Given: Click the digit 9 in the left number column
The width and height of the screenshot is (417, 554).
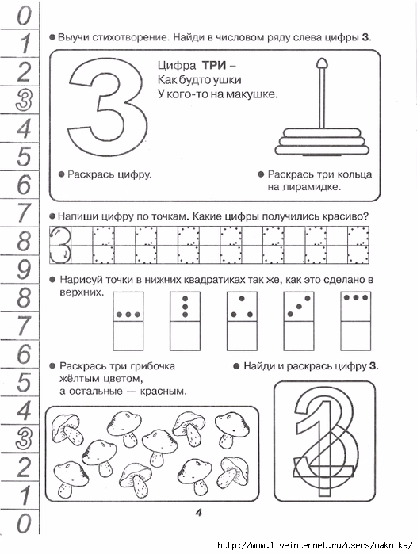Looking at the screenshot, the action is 23,269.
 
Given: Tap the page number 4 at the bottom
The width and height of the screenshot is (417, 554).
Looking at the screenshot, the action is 199,512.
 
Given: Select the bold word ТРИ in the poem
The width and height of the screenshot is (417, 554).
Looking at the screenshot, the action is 214,65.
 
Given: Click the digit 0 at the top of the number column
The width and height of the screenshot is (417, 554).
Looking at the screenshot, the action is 24,15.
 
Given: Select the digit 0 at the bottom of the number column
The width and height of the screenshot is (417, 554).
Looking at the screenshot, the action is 24,523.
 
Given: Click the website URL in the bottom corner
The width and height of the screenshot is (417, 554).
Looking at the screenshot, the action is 315,545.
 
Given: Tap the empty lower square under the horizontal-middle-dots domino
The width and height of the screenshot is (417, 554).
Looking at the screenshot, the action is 128,336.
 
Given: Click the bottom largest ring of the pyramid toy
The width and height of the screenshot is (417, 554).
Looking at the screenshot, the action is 322,150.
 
